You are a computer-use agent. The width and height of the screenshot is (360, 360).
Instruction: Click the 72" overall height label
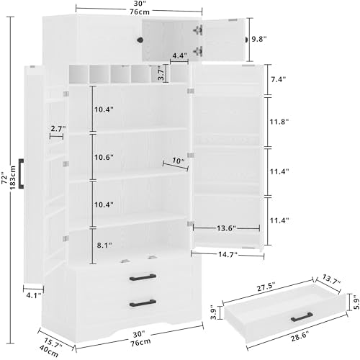4,178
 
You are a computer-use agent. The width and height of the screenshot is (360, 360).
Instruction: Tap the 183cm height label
12,178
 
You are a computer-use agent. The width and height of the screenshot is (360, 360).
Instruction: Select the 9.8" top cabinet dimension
259,39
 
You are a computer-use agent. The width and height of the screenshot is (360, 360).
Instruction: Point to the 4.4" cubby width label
179,55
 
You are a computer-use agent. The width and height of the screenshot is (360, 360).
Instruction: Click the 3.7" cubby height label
161,73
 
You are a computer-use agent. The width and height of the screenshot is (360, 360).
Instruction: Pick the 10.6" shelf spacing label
104,157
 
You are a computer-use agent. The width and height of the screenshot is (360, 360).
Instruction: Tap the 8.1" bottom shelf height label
104,246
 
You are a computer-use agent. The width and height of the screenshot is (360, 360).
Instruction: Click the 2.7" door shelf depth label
58,129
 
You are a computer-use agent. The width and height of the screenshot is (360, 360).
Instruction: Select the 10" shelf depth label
178,161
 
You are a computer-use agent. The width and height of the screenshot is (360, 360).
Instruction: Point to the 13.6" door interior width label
226,228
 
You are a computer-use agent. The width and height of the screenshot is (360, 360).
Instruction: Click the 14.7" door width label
228,254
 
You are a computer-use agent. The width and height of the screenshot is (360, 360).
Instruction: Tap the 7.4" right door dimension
279,79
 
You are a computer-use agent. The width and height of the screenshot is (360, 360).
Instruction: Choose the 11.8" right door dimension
279,122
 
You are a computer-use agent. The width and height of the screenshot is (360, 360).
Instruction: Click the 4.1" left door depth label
34,295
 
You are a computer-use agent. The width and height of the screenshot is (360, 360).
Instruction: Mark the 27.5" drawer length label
266,287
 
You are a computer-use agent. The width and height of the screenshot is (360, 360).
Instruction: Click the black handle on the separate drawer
302,317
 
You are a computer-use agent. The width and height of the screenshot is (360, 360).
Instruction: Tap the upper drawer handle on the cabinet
143,277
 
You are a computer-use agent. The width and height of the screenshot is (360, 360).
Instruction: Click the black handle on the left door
21,173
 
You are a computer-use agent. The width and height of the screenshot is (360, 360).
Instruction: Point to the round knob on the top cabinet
140,40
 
